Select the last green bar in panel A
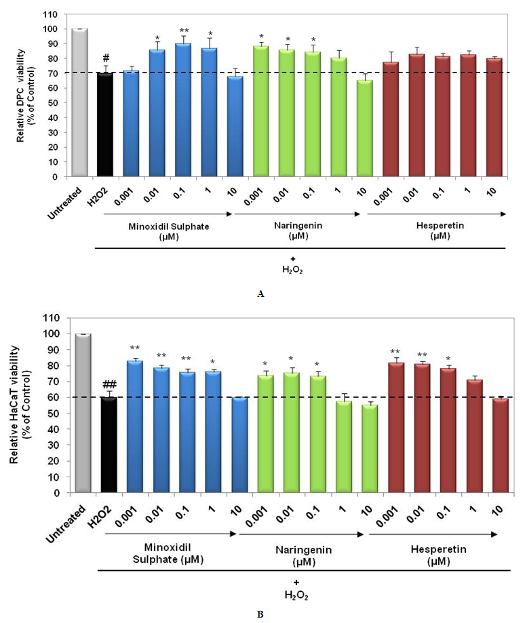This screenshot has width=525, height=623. pyautogui.click(x=366, y=128)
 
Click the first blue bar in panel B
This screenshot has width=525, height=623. pyautogui.click(x=134, y=426)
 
